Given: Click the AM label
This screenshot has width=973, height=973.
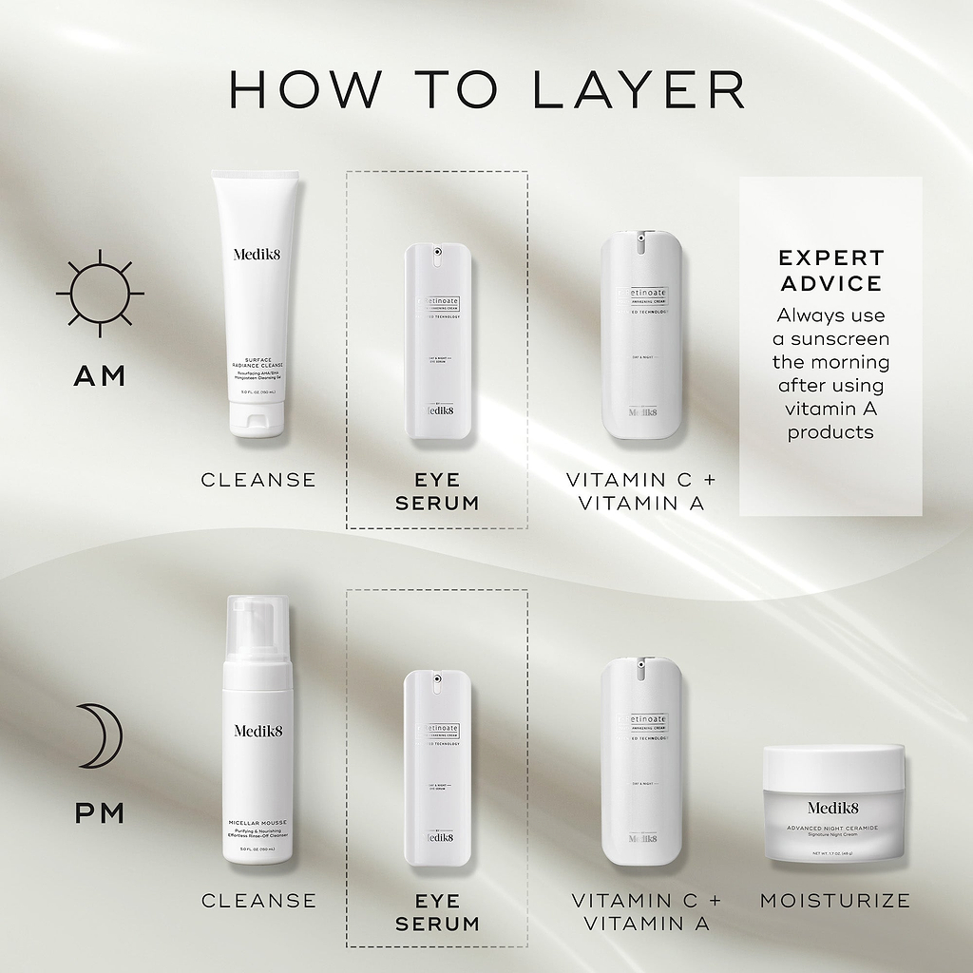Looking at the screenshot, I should point(100,376).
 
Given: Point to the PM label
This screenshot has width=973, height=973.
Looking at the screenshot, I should point(100,813).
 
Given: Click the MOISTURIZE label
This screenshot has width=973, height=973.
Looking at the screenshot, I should point(834,900).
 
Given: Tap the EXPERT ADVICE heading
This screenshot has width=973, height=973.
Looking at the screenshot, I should point(830,271).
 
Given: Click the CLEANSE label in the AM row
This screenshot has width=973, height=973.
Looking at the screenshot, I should point(258,480).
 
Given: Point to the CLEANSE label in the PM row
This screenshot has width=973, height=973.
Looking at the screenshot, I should point(258,900).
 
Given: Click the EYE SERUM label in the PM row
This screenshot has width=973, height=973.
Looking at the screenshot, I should point(437,911).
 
